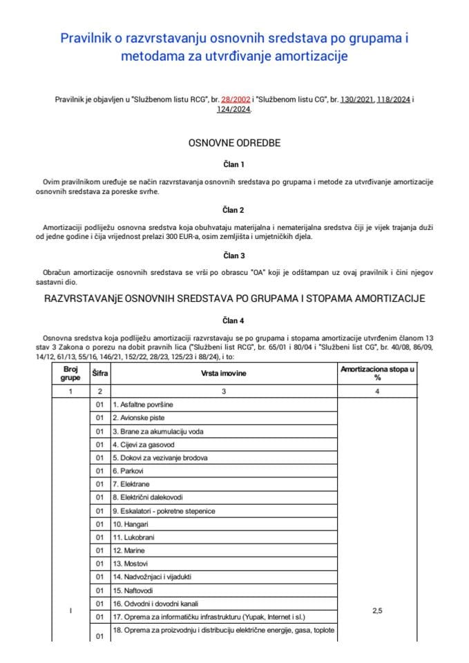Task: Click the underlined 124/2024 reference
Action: tap(233, 109)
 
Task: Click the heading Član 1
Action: tap(234, 164)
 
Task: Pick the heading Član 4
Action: tap(234, 320)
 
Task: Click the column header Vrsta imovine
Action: tap(224, 374)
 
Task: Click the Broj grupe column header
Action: tap(71, 374)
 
